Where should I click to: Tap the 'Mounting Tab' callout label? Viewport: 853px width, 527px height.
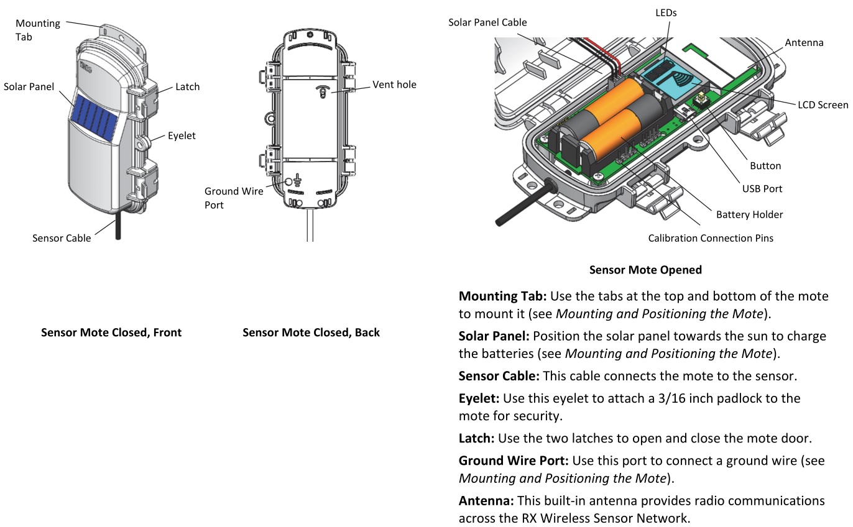38,30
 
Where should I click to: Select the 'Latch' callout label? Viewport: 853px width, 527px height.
187,87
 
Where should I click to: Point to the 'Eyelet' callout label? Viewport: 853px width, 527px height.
182,135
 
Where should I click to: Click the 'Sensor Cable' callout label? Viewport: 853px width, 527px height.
62,238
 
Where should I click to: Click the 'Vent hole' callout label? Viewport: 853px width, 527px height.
394,85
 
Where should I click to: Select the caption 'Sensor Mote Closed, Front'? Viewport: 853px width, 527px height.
111,332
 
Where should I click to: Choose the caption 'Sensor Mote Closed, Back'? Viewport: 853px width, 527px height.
311,332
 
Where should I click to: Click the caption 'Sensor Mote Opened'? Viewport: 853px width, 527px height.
645,270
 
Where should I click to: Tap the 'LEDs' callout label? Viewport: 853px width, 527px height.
666,12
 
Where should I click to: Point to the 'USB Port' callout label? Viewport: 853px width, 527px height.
762,188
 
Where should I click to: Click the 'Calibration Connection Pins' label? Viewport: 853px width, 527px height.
711,238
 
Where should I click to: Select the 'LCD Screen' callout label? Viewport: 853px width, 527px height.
823,105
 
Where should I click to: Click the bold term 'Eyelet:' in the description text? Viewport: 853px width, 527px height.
479,398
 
